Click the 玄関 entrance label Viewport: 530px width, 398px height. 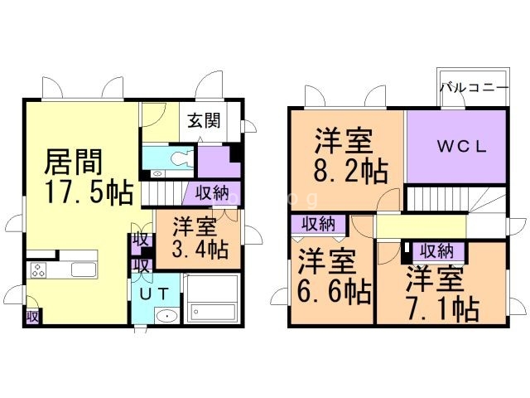pyautogui.click(x=203, y=121)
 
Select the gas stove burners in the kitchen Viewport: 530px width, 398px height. pyautogui.click(x=38, y=269)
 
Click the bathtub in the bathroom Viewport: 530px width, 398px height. pyautogui.click(x=212, y=310)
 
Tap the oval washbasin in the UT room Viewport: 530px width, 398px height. pyautogui.click(x=166, y=316)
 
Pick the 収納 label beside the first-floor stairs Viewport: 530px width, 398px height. pyautogui.click(x=212, y=193)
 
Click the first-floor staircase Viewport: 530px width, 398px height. pyautogui.click(x=166, y=194)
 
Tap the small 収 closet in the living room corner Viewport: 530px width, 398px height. pyautogui.click(x=32, y=316)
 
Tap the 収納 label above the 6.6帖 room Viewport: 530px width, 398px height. pyautogui.click(x=318, y=223)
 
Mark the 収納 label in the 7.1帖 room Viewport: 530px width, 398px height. pyautogui.click(x=436, y=250)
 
